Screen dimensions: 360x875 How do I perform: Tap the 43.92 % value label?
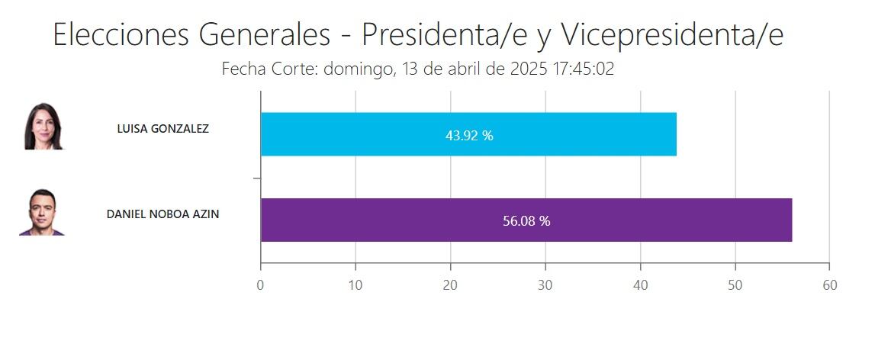pos(469,136)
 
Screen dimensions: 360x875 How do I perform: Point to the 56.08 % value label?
pos(526,222)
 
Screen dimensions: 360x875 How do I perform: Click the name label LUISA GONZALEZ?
pos(162,129)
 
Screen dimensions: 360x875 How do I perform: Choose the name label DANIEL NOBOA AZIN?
pos(162,214)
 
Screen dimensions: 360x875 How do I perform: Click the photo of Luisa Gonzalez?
pos(44,126)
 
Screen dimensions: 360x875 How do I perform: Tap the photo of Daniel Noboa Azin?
pos(43,212)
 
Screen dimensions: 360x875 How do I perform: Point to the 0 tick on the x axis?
pos(261,285)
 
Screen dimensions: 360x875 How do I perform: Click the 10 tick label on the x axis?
pos(355,285)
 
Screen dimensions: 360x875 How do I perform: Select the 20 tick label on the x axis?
pos(451,285)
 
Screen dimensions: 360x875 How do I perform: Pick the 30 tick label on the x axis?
pos(545,285)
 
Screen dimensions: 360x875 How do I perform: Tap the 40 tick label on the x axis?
pos(640,285)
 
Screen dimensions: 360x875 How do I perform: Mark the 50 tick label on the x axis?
pos(735,285)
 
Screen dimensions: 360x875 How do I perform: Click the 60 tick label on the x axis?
pos(829,285)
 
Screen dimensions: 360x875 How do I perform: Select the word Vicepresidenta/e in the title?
pos(672,35)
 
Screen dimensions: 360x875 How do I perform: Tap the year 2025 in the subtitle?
pos(529,69)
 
